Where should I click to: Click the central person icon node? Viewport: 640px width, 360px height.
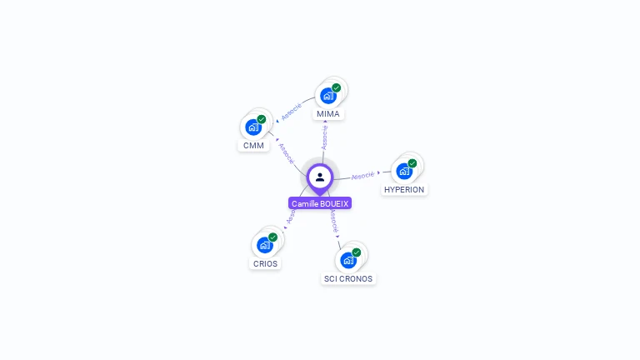tap(320, 177)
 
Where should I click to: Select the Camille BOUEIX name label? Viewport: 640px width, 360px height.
tap(320, 203)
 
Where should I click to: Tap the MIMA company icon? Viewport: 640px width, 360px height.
tap(328, 95)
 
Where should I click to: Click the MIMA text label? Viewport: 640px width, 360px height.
tap(328, 113)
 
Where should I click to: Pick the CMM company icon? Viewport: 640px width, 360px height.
tap(252, 127)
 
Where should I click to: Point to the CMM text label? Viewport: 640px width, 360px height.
tap(253, 146)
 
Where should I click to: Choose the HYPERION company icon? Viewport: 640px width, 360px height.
tap(404, 172)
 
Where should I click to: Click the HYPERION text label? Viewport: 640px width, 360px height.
tap(404, 190)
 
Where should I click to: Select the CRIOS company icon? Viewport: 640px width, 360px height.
tap(264, 245)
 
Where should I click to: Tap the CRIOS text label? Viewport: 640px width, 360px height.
tap(265, 263)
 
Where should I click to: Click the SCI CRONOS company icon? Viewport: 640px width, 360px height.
tap(348, 260)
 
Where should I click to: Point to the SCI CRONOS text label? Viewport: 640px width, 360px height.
tap(348, 278)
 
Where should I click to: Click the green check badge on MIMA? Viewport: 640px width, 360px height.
tap(337, 87)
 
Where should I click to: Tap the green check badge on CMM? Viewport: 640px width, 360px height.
tap(261, 120)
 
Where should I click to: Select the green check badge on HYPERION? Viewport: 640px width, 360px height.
tap(412, 163)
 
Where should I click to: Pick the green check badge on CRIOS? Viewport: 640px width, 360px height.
tap(272, 237)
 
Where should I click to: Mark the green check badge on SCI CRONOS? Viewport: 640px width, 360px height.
tap(357, 252)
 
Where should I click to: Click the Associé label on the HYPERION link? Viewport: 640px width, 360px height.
tap(362, 176)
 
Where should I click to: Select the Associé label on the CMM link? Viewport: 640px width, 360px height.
tap(286, 152)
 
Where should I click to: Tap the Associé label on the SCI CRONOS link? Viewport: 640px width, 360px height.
tap(332, 221)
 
